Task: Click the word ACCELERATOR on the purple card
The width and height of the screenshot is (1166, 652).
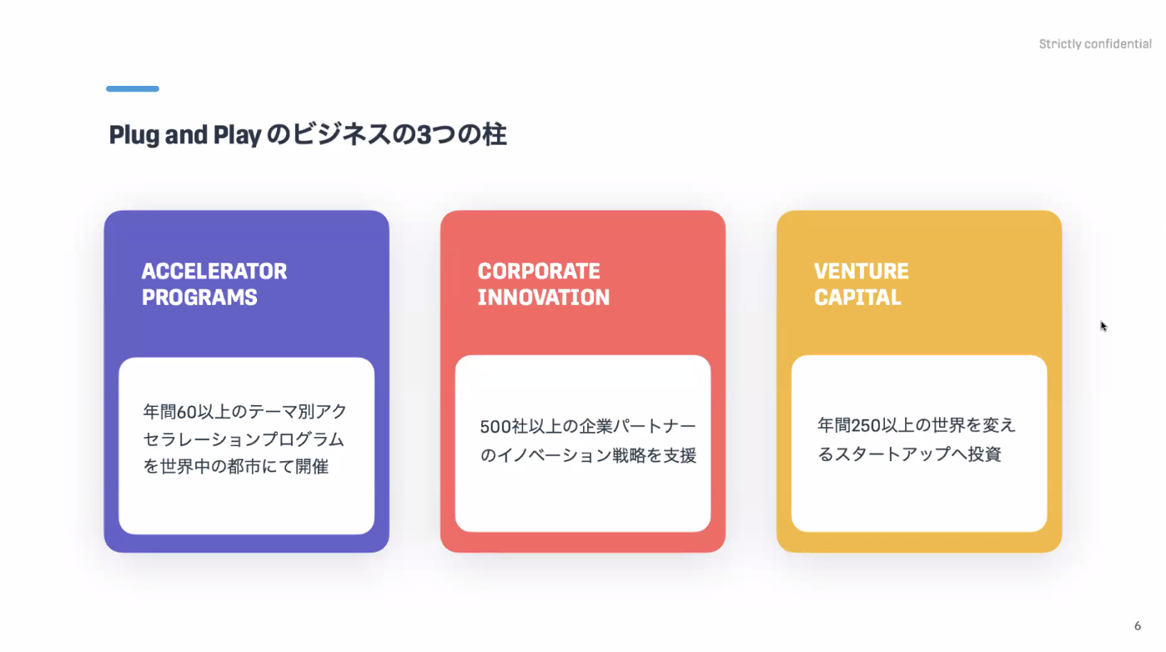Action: click(214, 271)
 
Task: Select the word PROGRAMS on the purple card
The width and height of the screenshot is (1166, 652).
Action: click(199, 297)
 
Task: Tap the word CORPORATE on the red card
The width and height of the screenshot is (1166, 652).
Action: click(539, 271)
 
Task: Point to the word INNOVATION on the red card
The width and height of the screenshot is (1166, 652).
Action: click(544, 297)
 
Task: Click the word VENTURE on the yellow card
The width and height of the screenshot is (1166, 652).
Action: click(862, 271)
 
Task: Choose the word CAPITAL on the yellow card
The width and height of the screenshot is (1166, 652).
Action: click(857, 297)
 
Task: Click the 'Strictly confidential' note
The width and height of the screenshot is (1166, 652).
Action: click(1095, 44)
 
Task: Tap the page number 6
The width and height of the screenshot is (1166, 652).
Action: click(1138, 625)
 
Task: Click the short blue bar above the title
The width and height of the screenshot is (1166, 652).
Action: click(133, 89)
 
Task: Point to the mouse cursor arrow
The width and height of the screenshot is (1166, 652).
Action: click(1103, 326)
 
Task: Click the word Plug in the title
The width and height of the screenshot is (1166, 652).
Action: click(133, 135)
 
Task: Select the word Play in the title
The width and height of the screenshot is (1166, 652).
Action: click(238, 135)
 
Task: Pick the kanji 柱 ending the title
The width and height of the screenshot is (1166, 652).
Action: click(494, 134)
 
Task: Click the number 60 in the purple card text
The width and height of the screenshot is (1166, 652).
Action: click(186, 412)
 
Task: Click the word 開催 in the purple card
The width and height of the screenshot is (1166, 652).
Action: click(312, 466)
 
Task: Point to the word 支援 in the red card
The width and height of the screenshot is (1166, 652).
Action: click(680, 455)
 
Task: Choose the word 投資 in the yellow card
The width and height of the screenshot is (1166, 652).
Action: click(984, 454)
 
